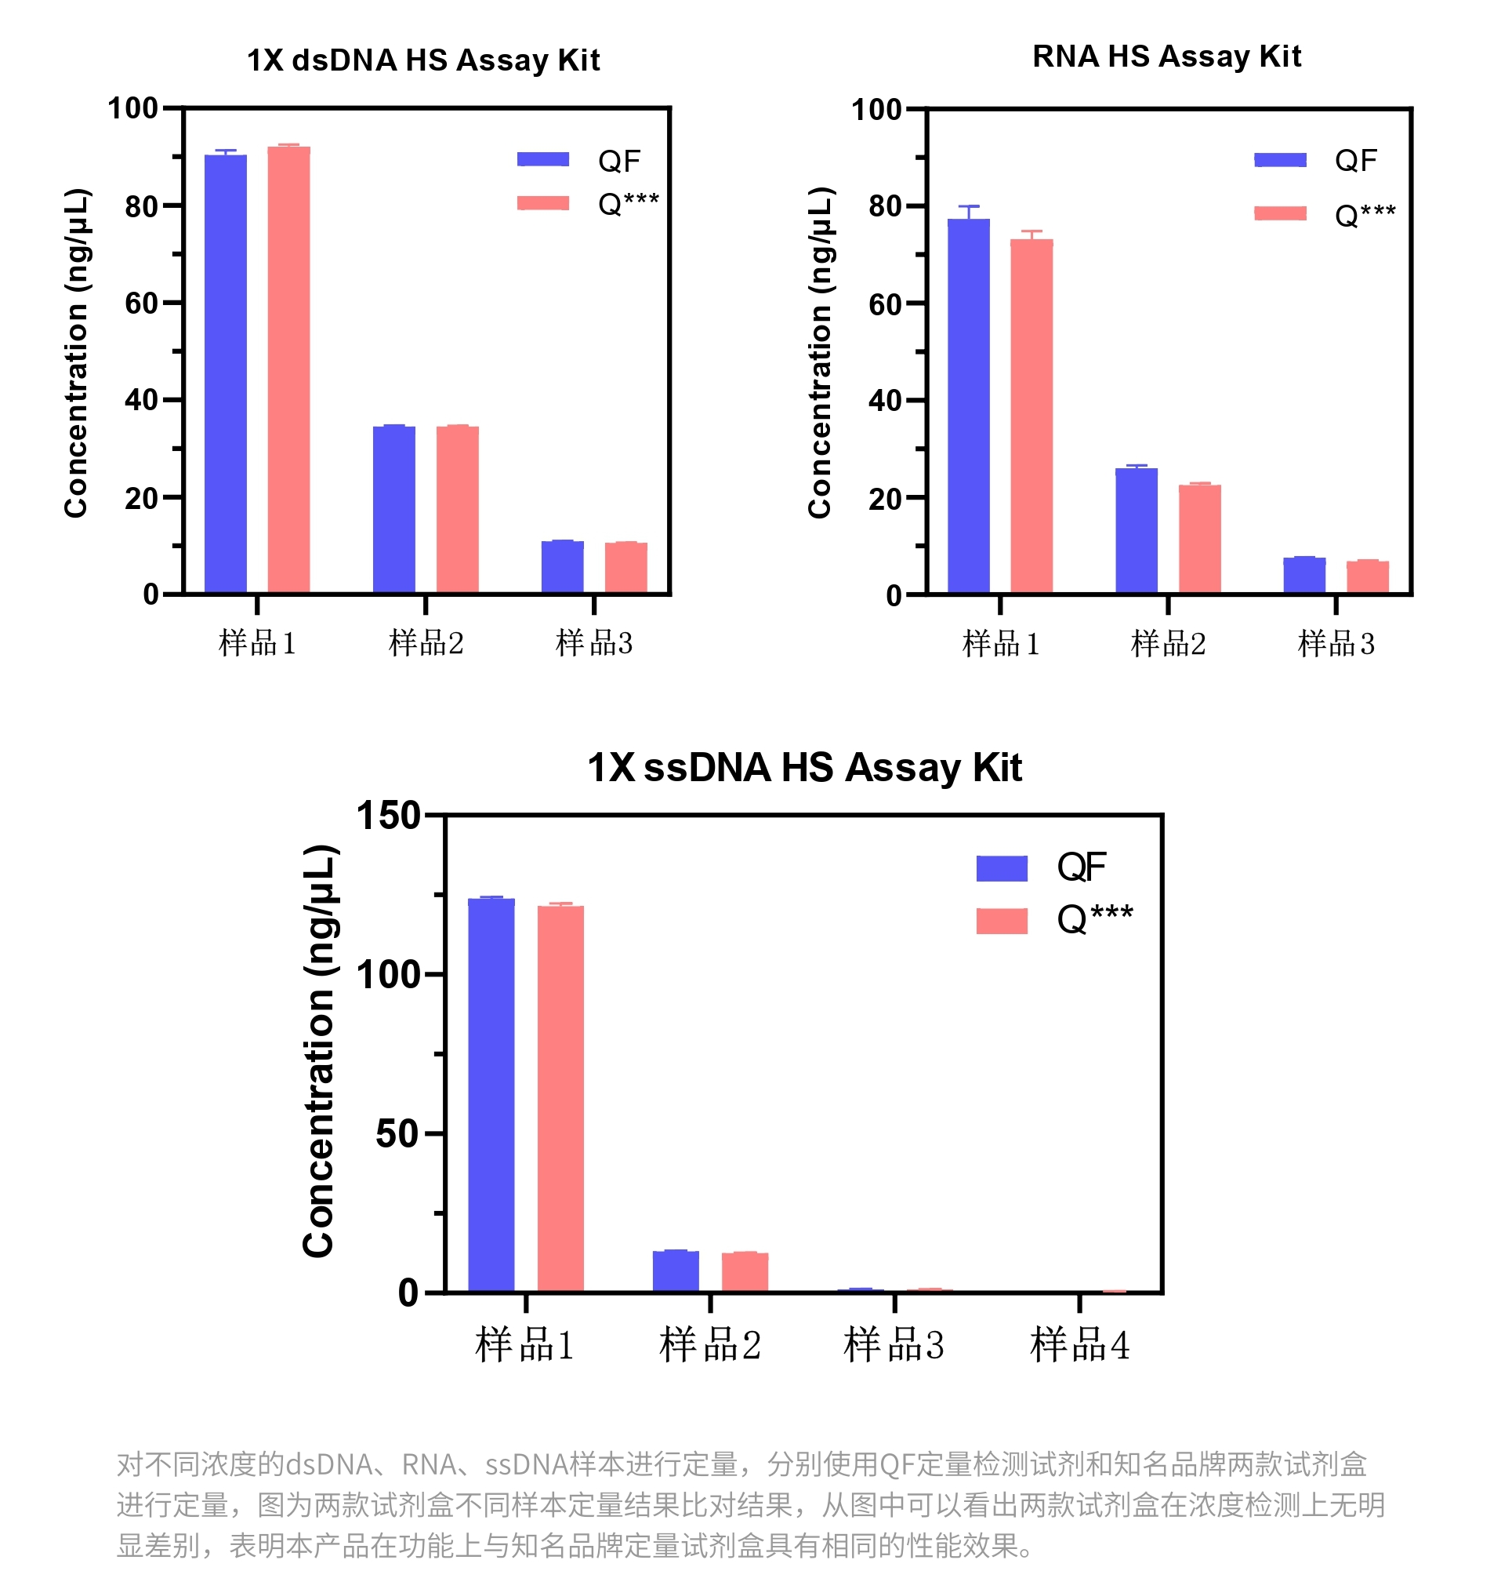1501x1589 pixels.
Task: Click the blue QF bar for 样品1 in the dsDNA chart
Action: [226, 373]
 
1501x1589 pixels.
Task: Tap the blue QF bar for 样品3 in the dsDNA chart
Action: [562, 567]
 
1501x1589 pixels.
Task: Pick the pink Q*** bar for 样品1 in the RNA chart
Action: [1031, 416]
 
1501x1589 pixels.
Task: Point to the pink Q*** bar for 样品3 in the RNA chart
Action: [1367, 576]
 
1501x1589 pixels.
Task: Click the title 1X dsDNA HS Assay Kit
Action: [422, 61]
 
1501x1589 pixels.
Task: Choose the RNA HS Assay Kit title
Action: [1166, 56]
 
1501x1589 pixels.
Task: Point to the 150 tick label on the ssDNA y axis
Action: [388, 816]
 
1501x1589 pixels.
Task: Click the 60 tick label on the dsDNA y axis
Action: [142, 304]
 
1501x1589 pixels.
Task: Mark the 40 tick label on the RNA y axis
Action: [885, 400]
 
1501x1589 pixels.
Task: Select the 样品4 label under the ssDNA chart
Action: [1079, 1345]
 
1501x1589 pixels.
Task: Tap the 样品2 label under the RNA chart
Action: [1167, 644]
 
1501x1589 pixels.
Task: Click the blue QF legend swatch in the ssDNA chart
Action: [1001, 867]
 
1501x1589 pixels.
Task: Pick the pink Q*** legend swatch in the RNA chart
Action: [1279, 213]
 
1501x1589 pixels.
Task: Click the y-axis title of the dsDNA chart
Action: [77, 352]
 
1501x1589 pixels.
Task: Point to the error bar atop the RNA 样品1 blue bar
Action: [968, 211]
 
